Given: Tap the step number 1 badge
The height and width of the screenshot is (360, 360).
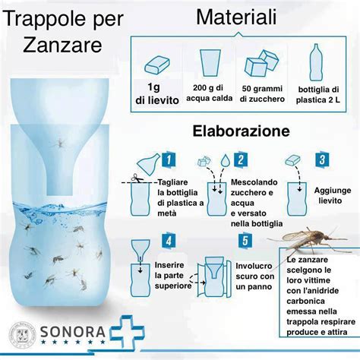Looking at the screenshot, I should [x=170, y=159].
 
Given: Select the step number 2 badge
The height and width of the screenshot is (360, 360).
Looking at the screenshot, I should [x=242, y=159].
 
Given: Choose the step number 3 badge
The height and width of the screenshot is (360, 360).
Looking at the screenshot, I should [x=322, y=159].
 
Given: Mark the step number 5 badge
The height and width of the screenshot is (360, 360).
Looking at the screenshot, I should [x=245, y=241].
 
